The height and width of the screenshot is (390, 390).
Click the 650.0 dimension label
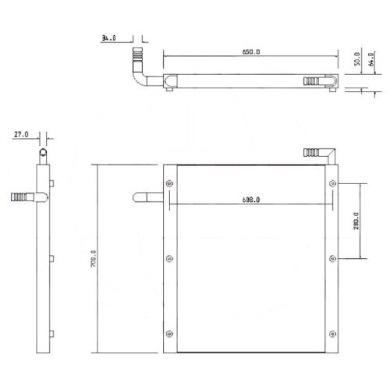[x=249, y=51]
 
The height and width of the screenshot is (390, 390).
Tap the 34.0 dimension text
[x=109, y=36]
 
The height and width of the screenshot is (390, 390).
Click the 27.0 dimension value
[x=21, y=135]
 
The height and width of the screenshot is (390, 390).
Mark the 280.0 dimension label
[x=355, y=222]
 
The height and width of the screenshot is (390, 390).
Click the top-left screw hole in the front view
[x=170, y=184]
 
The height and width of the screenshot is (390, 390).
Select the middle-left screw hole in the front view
[x=170, y=259]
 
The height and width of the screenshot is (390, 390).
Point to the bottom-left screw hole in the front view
[x=170, y=335]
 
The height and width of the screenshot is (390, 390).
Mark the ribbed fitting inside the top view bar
[x=312, y=80]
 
